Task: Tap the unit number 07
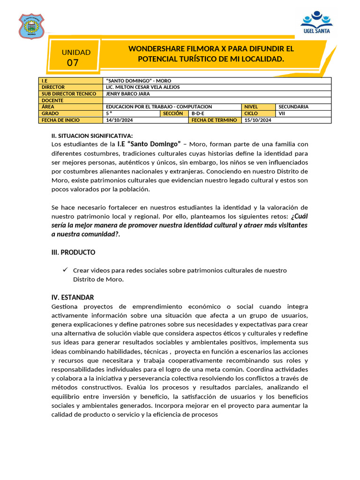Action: (73, 63)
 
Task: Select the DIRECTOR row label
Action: (53, 87)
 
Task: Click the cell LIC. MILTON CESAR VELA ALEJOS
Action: (143, 87)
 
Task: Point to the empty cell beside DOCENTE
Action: (217, 100)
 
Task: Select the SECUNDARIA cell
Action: (293, 107)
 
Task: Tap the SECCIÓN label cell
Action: (173, 113)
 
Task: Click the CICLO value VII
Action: (282, 113)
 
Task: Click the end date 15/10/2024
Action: (258, 120)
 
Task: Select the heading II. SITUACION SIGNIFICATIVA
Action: (92, 135)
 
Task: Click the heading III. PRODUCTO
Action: (73, 252)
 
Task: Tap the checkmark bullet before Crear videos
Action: (65, 270)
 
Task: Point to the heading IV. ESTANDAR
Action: (73, 297)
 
